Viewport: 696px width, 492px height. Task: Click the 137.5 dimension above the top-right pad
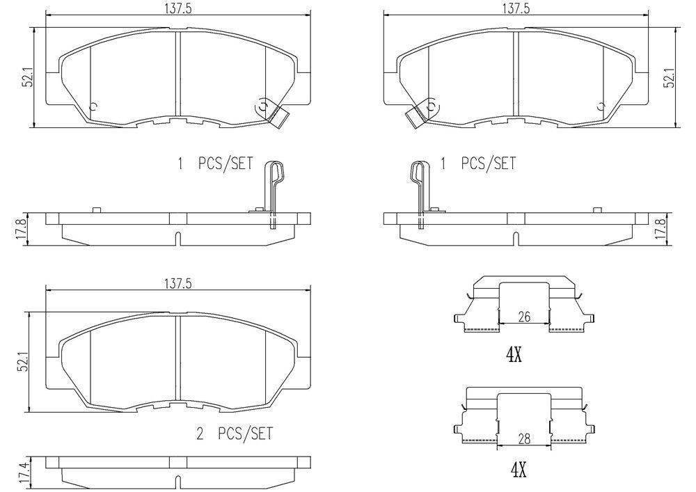(x=515, y=9)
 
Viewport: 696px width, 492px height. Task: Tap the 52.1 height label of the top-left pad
(x=29, y=78)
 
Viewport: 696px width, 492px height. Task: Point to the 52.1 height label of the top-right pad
(x=670, y=78)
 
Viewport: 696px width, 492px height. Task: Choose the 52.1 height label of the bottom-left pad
(x=24, y=362)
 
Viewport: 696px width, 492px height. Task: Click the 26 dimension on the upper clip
(x=524, y=317)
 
